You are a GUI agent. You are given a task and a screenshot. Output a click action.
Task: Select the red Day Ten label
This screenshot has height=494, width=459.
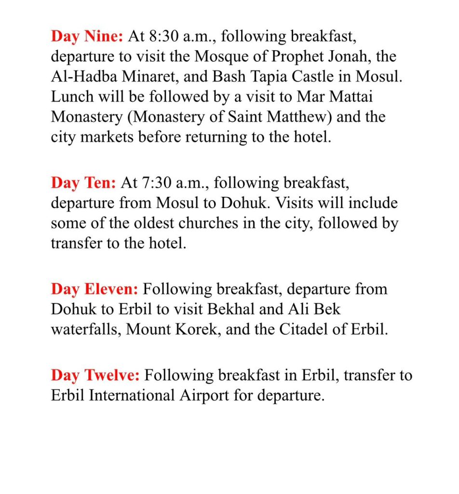83,183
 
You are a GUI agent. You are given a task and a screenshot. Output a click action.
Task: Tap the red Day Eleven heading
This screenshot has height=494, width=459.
95,289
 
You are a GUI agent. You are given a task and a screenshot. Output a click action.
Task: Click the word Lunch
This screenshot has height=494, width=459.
71,97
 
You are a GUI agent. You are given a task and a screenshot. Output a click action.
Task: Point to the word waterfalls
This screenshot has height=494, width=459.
81,329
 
